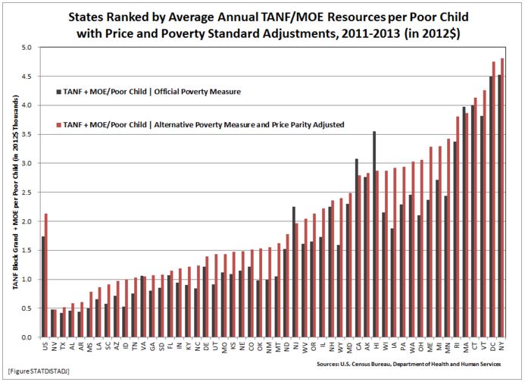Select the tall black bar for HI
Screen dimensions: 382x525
pyautogui.click(x=373, y=234)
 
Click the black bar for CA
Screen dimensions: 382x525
pyautogui.click(x=356, y=248)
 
